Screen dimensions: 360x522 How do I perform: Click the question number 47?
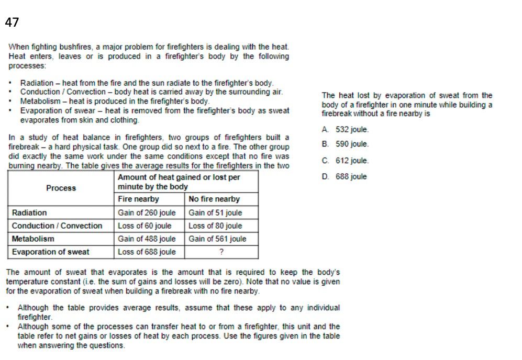(x=12, y=22)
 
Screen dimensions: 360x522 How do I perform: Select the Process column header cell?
(x=61, y=188)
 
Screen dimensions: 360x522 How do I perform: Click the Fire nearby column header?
(x=138, y=199)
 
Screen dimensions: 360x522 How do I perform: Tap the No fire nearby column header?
(x=214, y=199)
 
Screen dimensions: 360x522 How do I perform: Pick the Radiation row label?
(x=29, y=213)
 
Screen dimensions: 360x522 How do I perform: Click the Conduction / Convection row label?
(x=57, y=226)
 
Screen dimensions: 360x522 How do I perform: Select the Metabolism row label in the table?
(x=33, y=239)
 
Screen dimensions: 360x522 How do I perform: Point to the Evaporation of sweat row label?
(x=50, y=252)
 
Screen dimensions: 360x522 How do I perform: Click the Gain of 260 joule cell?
(x=147, y=213)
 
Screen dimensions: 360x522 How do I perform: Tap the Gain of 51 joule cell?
(x=215, y=213)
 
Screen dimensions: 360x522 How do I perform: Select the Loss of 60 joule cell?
(x=145, y=226)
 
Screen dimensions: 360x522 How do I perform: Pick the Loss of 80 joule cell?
(x=215, y=226)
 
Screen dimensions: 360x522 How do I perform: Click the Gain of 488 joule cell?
(x=147, y=239)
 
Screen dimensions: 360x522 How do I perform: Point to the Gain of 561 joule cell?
(x=217, y=239)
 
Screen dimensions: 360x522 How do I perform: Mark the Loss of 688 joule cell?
(x=147, y=252)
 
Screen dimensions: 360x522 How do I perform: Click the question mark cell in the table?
(x=221, y=252)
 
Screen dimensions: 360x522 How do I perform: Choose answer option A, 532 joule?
(x=346, y=130)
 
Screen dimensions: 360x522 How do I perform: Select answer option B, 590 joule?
(x=346, y=144)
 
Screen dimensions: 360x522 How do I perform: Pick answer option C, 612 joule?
(x=346, y=161)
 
